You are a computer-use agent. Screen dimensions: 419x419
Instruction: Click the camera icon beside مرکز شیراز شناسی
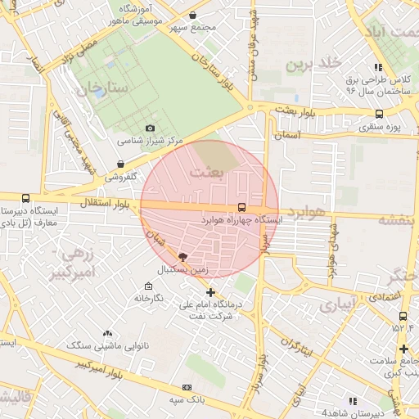point(150,128)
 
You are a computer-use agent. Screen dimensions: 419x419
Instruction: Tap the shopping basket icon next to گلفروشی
point(121,164)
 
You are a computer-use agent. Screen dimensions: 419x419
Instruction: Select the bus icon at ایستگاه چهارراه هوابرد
point(241,208)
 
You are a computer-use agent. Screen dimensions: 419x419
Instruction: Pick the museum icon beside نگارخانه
point(147,286)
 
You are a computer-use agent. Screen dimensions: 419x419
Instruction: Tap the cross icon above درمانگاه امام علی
point(210,292)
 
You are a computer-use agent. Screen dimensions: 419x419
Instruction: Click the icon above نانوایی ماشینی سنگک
point(107,334)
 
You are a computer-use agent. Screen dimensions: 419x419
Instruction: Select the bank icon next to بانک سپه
point(187,387)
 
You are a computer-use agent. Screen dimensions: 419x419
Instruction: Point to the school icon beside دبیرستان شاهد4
point(354,401)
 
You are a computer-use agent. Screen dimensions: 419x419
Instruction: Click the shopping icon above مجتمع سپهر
point(192,15)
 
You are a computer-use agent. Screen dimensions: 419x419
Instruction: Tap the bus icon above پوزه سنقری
point(378,115)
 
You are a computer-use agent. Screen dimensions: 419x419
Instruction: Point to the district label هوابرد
point(307,213)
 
